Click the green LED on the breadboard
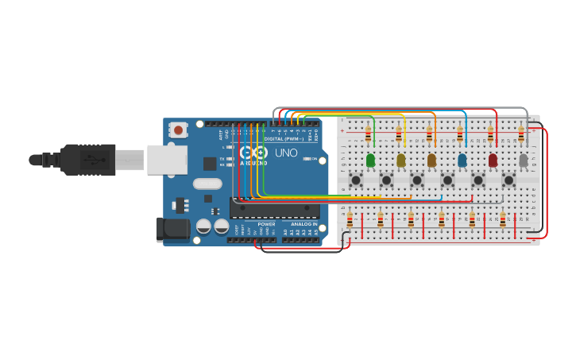370,161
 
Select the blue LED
462,161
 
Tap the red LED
493,161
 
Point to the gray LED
523,161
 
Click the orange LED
431,161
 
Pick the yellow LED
401,161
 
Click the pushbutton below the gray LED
509,180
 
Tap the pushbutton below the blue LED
448,180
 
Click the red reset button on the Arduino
179,130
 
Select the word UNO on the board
286,153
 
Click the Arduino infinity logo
253,153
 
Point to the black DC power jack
172,230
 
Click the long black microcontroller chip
275,209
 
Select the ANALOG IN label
303,225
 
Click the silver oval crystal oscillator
207,184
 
